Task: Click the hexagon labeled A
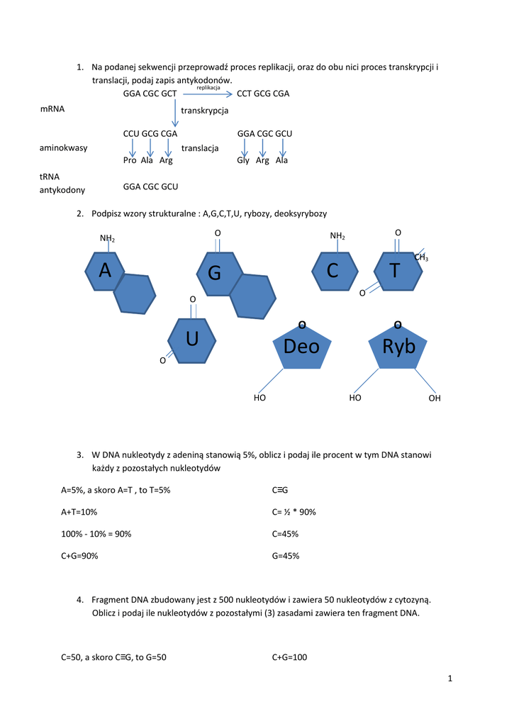pyautogui.click(x=105, y=270)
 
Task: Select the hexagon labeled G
pyautogui.click(x=216, y=273)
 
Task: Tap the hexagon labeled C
pyautogui.click(x=333, y=270)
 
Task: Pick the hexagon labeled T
pyautogui.click(x=396, y=270)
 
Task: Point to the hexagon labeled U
pyautogui.click(x=191, y=340)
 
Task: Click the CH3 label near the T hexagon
pyautogui.click(x=421, y=257)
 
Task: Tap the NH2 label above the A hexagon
pyautogui.click(x=108, y=239)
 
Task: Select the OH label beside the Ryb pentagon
pyautogui.click(x=435, y=398)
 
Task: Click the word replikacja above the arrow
pyautogui.click(x=208, y=87)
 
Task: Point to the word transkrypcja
pyautogui.click(x=205, y=111)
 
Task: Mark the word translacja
pyautogui.click(x=200, y=148)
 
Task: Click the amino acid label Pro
pyautogui.click(x=130, y=160)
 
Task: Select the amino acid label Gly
pyautogui.click(x=244, y=160)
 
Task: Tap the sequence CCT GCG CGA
pyautogui.click(x=263, y=94)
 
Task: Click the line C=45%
pyautogui.click(x=285, y=534)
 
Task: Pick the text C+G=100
pyautogui.click(x=289, y=657)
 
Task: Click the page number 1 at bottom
pyautogui.click(x=449, y=679)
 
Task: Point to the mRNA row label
pyautogui.click(x=52, y=109)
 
